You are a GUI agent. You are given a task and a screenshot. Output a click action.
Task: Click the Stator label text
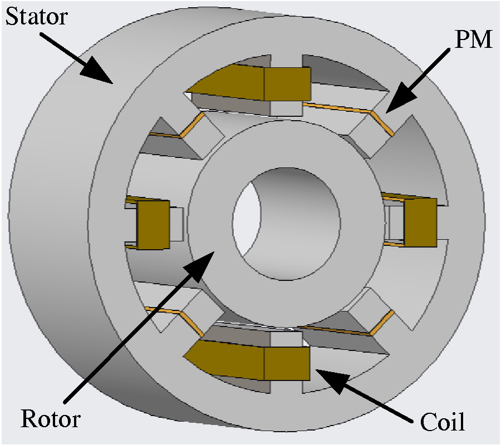point(36,18)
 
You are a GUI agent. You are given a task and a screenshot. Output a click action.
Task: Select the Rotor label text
point(51,418)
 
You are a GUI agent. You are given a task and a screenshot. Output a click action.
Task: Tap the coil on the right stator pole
point(420,222)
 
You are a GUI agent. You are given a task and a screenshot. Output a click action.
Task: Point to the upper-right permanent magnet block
point(367,133)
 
